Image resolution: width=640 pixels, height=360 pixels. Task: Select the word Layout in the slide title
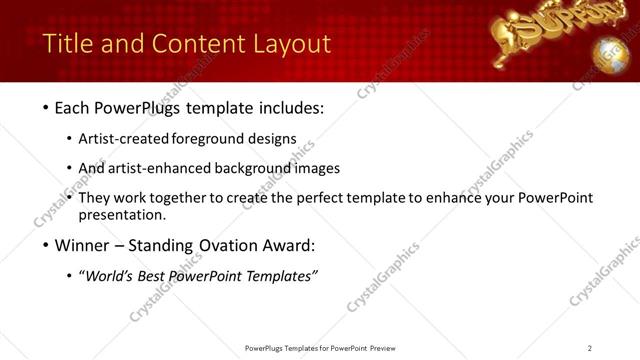(x=291, y=44)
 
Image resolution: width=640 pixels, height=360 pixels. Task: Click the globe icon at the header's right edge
(x=611, y=52)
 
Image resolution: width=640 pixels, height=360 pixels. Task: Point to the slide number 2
(x=590, y=348)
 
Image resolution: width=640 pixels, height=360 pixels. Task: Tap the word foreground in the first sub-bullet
(x=214, y=139)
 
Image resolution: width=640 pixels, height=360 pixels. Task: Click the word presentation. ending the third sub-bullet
(x=121, y=215)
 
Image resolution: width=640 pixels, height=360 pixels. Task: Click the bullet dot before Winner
(x=47, y=246)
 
